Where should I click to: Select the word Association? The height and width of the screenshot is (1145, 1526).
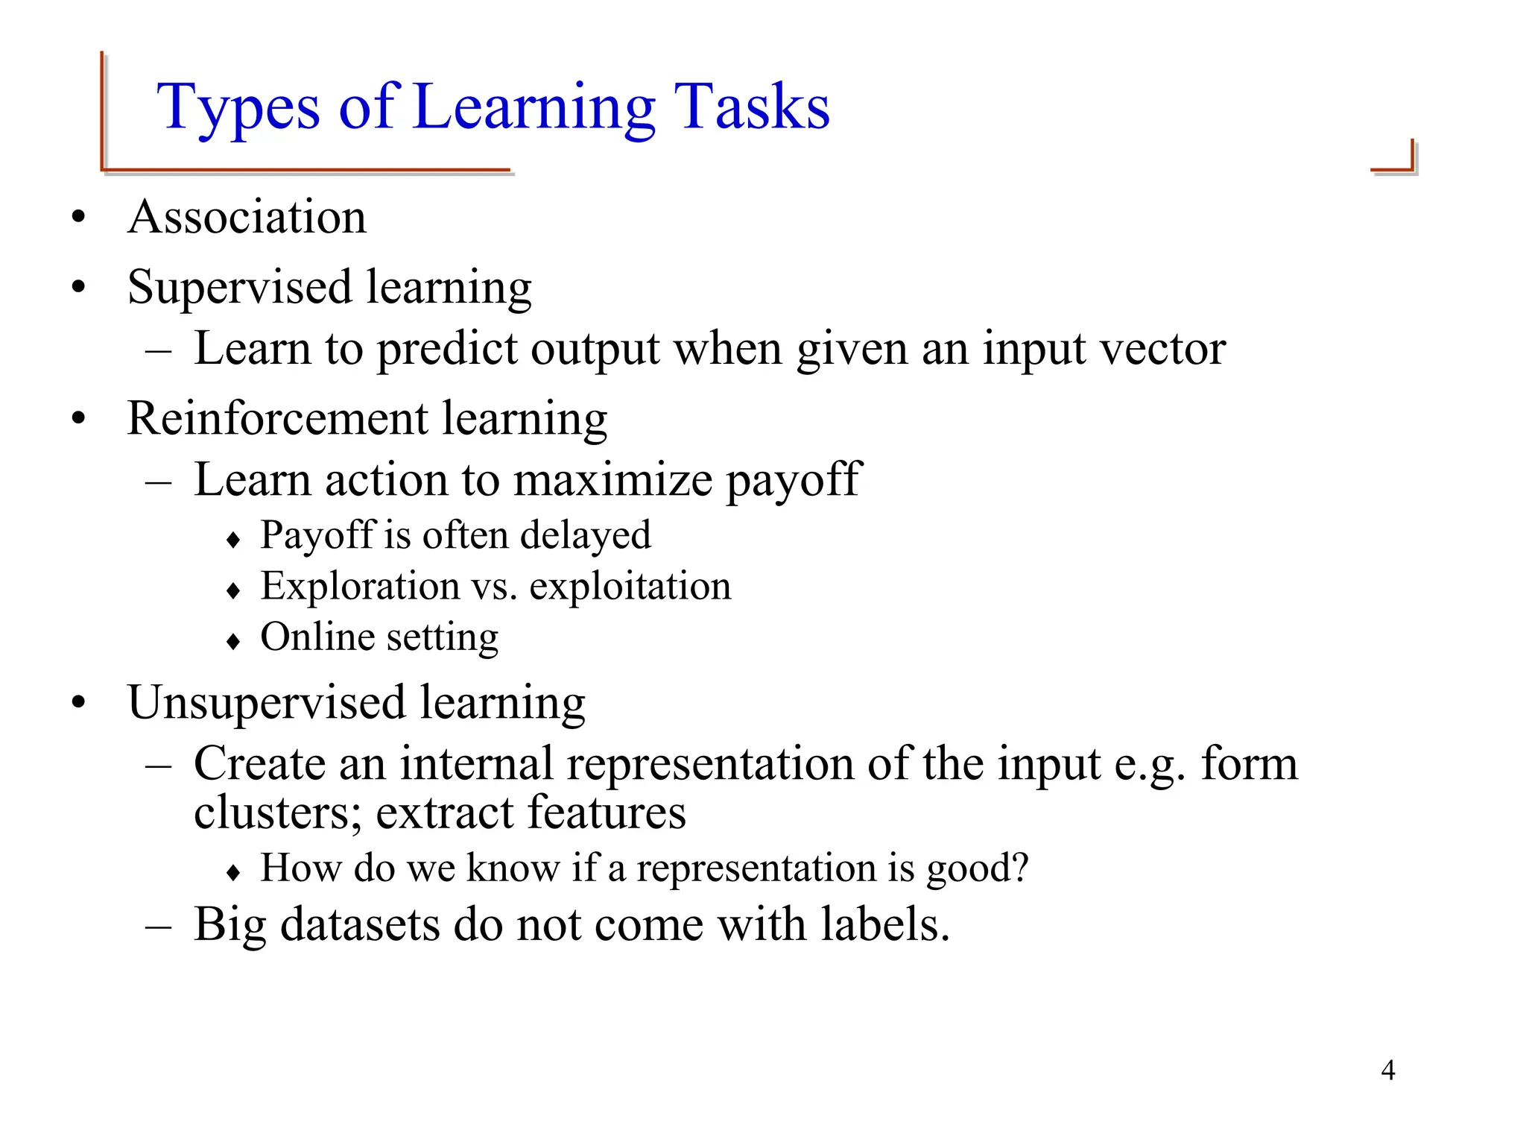coord(247,217)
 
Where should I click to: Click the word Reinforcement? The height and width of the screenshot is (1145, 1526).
coord(277,418)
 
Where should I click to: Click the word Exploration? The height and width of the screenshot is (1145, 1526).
coord(360,586)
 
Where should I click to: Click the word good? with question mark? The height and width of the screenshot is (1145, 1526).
coord(977,868)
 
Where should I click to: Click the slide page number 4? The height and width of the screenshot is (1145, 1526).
coord(1387,1070)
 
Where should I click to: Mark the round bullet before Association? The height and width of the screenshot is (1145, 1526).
coord(79,218)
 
